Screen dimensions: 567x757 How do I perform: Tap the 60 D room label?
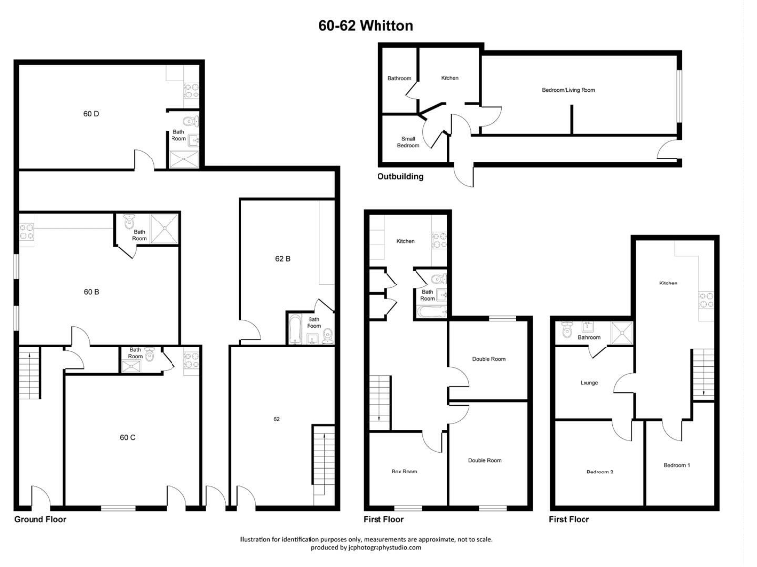click(90, 114)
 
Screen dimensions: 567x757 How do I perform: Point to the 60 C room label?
click(126, 436)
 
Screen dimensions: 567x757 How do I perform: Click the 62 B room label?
click(282, 259)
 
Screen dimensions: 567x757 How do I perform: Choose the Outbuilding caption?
click(400, 177)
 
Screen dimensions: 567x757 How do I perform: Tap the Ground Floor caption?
click(39, 518)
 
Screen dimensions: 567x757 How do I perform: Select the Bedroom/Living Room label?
click(569, 90)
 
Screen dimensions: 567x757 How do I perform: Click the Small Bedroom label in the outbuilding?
click(408, 142)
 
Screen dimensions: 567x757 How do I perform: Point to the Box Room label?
click(404, 472)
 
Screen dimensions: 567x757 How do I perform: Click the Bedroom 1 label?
click(676, 464)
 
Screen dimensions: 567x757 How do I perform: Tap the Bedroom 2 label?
click(600, 472)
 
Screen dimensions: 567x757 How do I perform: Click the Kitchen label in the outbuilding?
click(449, 78)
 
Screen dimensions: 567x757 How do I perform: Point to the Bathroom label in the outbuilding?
click(398, 78)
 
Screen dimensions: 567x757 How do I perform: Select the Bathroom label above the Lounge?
click(589, 337)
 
